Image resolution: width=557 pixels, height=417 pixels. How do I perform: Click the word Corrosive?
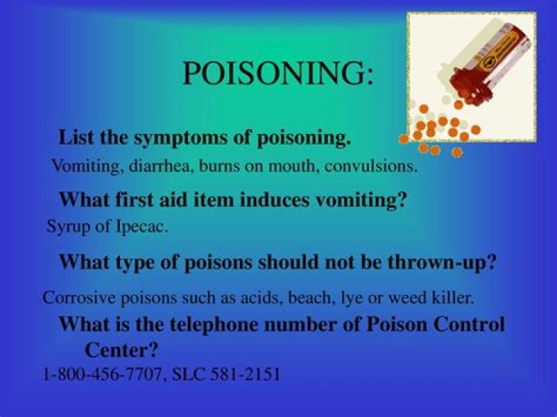[74, 297]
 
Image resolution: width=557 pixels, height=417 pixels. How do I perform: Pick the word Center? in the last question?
[121, 349]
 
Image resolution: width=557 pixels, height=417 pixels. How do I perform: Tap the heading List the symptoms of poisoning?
[205, 138]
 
